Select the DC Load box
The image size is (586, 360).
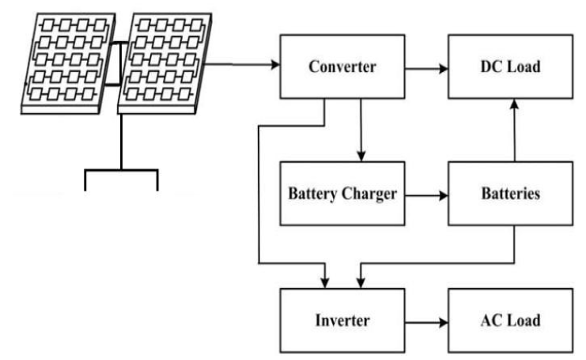tap(509, 66)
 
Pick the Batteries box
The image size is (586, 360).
tap(509, 194)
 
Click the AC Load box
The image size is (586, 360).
tap(509, 320)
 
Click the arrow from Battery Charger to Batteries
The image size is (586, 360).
tap(427, 192)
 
